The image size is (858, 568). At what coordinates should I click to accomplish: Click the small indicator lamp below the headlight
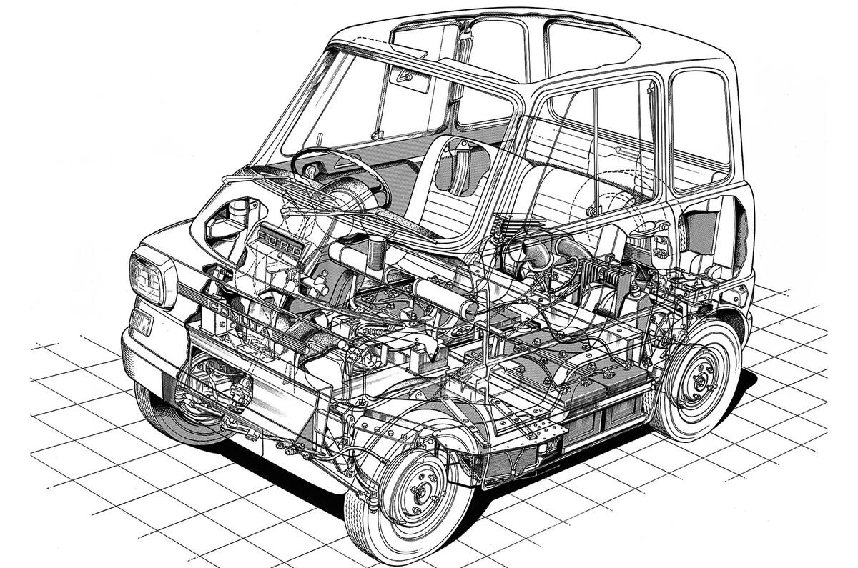(x=140, y=322)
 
